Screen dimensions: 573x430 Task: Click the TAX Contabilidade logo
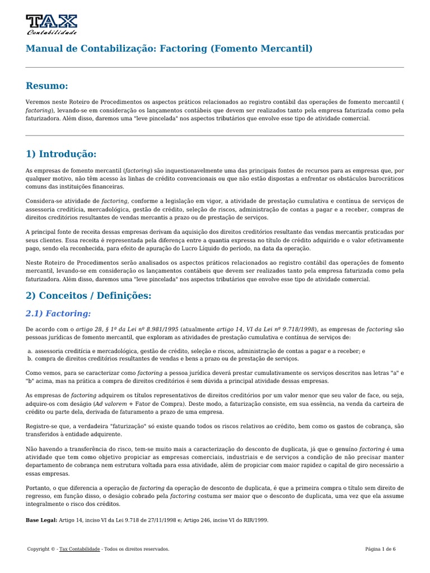[52, 24]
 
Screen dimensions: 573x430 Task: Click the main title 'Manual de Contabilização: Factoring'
[169, 49]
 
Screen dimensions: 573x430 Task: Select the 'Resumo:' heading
[47, 86]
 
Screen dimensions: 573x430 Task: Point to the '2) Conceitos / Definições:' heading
[88, 295]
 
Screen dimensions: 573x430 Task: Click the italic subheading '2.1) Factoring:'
[58, 313]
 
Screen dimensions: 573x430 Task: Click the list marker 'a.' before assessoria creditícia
[30, 351]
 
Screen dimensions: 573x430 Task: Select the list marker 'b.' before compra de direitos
[30, 358]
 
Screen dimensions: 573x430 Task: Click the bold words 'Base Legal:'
[41, 520]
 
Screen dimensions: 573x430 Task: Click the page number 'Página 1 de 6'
[380, 549]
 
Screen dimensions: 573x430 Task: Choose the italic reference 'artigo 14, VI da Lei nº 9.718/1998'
[265, 330]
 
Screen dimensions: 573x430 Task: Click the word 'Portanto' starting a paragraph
[39, 487]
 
